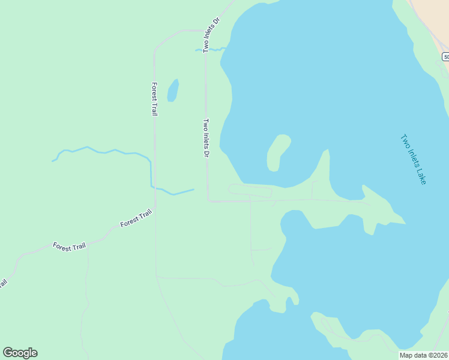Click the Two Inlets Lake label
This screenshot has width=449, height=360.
pyautogui.click(x=413, y=158)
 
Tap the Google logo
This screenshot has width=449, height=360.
pyautogui.click(x=20, y=353)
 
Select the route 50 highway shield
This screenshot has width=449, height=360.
pyautogui.click(x=445, y=56)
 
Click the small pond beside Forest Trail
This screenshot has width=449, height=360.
pyautogui.click(x=173, y=90)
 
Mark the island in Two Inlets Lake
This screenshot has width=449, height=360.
pyautogui.click(x=277, y=152)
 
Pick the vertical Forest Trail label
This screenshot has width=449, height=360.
pyautogui.click(x=154, y=99)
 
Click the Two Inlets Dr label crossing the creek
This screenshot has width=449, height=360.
pyautogui.click(x=211, y=35)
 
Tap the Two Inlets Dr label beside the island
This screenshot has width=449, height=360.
pyautogui.click(x=206, y=138)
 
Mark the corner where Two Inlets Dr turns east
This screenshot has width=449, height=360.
pyautogui.click(x=208, y=201)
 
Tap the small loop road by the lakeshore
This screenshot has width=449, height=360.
pyautogui.click(x=250, y=191)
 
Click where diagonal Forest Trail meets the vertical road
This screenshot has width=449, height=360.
pyautogui.click(x=155, y=209)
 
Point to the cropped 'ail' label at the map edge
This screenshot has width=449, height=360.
pyautogui.click(x=3, y=283)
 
